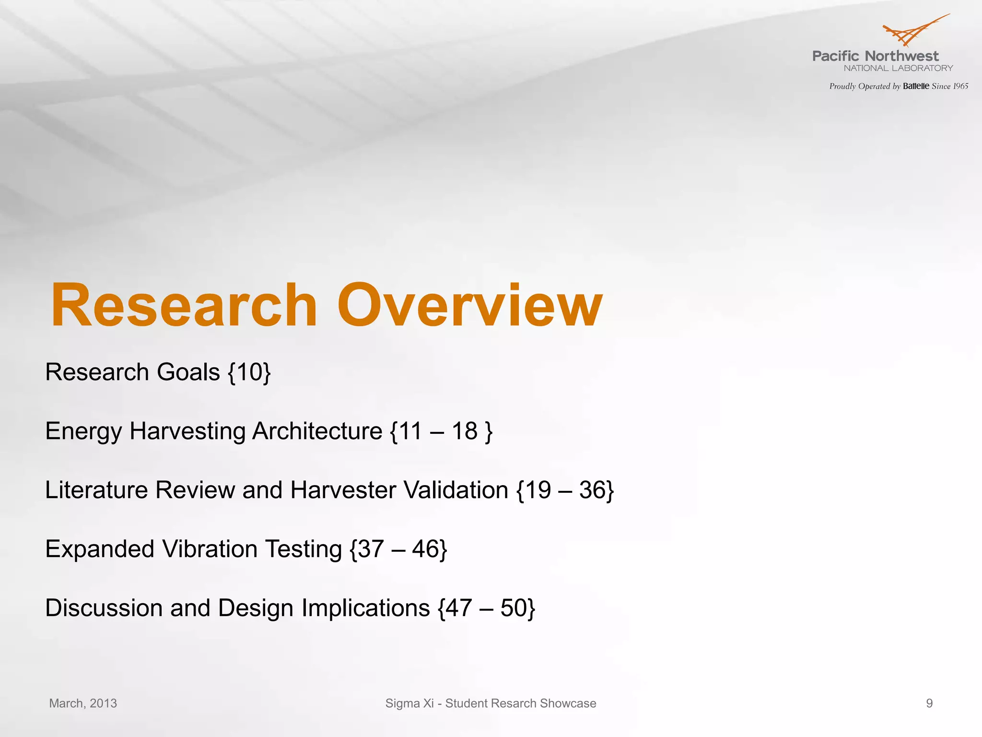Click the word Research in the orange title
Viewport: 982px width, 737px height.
(x=184, y=305)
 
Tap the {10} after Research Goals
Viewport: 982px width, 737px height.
(x=249, y=372)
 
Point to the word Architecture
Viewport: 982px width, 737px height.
(x=317, y=431)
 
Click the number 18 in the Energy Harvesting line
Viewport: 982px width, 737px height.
(x=464, y=431)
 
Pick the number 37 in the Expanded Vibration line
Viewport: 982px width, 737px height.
(x=371, y=549)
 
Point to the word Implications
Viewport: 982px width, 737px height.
(x=365, y=608)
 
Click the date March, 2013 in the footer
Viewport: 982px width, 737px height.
(x=83, y=703)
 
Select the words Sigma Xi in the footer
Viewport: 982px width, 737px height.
(x=409, y=703)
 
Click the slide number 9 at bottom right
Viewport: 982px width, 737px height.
(x=929, y=703)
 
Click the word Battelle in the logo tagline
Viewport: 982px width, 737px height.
(x=916, y=86)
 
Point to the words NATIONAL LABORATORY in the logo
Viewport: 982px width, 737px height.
(x=898, y=68)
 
